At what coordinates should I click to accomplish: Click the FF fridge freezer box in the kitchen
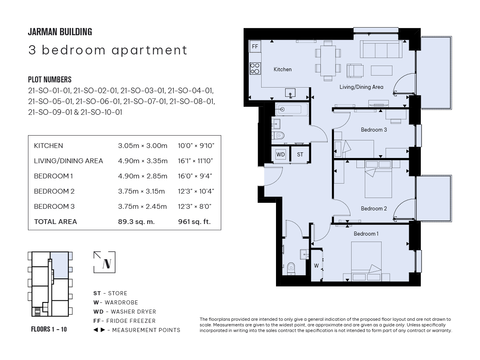point(255,46)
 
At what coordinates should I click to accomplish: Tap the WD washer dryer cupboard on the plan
point(280,154)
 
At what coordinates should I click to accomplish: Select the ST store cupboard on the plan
point(300,154)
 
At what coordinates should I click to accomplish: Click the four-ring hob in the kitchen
point(255,68)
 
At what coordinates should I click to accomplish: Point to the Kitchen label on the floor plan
point(282,69)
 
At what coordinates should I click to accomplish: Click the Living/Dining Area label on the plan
point(361,87)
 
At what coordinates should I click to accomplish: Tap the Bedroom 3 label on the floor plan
point(374,130)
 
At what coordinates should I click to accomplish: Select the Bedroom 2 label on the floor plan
point(374,208)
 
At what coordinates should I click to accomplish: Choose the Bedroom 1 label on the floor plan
point(366,234)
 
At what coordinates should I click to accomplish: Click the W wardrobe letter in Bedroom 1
point(316,266)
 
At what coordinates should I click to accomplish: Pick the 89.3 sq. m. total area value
point(136,222)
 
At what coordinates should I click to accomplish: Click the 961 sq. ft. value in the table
point(194,222)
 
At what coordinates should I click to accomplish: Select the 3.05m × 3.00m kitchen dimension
point(142,146)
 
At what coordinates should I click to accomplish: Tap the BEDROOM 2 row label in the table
point(54,191)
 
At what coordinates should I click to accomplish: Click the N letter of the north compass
point(107,264)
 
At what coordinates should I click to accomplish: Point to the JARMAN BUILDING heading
point(60,32)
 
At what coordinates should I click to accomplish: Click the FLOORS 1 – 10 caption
point(49,329)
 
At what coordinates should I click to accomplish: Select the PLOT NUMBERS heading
point(50,80)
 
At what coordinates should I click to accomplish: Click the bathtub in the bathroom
point(292,109)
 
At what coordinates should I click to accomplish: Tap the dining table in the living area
point(328,61)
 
